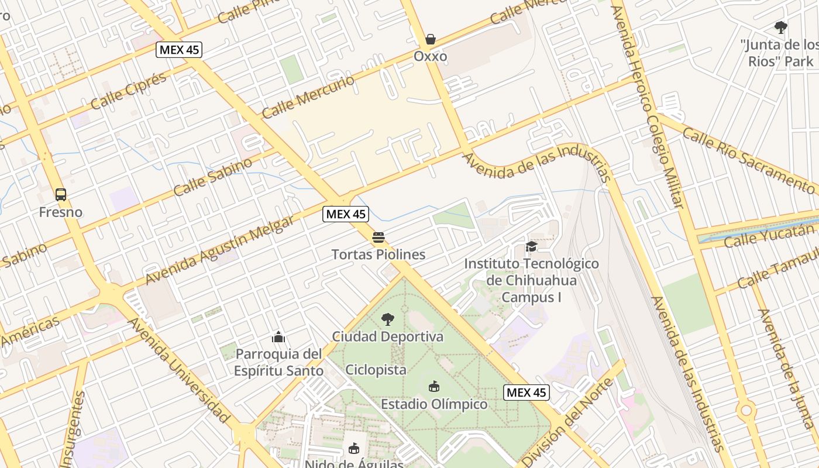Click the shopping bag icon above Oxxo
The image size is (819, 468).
click(x=431, y=39)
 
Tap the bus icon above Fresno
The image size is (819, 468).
click(x=61, y=194)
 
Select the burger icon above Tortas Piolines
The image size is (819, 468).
click(x=378, y=238)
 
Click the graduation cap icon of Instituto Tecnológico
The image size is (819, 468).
click(x=531, y=247)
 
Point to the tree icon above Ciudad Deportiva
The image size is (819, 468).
click(x=387, y=319)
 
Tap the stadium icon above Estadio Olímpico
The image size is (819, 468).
click(x=433, y=387)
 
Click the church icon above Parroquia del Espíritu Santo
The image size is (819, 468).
click(x=278, y=337)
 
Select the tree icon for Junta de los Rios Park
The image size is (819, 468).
click(x=780, y=27)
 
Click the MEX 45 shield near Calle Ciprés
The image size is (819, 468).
click(x=179, y=50)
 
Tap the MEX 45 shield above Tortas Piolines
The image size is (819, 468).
click(x=346, y=214)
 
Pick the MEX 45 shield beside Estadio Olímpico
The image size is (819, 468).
click(x=526, y=393)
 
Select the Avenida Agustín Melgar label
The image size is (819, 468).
click(x=220, y=250)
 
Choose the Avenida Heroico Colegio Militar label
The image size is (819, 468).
click(x=648, y=105)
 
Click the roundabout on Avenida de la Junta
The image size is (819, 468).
click(x=746, y=410)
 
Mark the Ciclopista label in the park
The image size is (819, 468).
click(x=376, y=370)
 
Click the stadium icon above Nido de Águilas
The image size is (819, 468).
click(x=353, y=449)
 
